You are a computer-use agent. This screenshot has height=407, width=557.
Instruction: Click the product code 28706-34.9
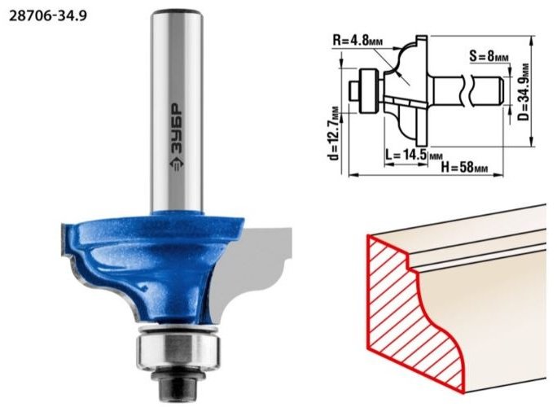click(x=47, y=16)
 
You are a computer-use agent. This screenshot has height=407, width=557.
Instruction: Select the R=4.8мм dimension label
click(x=357, y=40)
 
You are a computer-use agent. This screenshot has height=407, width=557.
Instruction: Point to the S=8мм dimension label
click(x=489, y=55)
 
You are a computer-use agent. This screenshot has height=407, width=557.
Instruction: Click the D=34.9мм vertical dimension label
click(x=523, y=92)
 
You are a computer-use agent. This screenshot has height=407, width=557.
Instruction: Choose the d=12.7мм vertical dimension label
click(x=333, y=133)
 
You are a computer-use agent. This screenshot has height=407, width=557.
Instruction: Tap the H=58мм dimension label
click(x=464, y=167)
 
